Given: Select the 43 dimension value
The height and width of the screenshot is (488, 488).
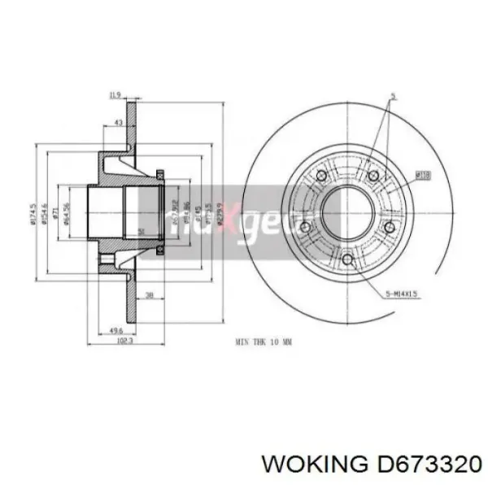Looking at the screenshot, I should (x=119, y=123).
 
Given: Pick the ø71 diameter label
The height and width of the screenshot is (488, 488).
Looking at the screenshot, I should (x=58, y=213).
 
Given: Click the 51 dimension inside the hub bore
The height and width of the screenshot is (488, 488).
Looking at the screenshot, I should (x=142, y=231).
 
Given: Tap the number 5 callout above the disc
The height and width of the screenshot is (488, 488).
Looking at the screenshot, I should (x=391, y=96).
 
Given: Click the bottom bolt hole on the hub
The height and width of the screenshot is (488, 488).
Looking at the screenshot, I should (x=347, y=260).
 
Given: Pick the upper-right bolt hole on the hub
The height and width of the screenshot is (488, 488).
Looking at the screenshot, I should (x=373, y=176).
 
